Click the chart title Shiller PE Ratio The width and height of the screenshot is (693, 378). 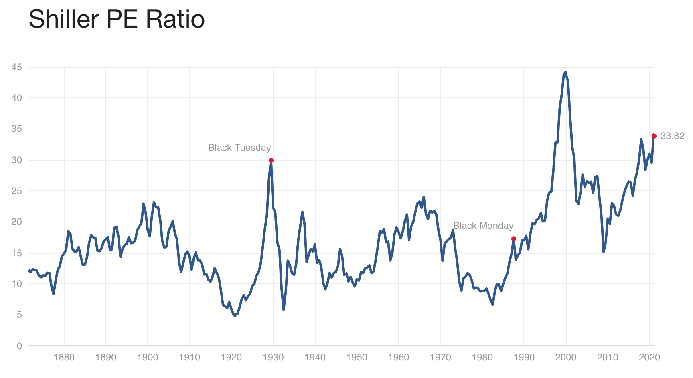[117, 19]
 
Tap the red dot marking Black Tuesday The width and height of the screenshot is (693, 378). [271, 160]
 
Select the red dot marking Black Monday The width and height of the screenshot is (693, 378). [513, 239]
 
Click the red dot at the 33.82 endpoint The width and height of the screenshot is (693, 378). [654, 136]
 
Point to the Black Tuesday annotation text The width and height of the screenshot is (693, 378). [239, 148]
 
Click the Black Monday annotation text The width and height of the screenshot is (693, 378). [483, 226]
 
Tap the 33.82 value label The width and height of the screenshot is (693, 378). [672, 136]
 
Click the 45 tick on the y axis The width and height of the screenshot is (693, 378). [16, 67]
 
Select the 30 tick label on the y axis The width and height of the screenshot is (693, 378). [16, 160]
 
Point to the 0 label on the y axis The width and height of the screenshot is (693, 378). [19, 346]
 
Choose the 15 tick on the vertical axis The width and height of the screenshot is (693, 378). [16, 253]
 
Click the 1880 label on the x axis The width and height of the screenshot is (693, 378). [64, 357]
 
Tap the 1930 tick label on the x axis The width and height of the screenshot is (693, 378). [273, 357]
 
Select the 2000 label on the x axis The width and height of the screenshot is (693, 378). [566, 357]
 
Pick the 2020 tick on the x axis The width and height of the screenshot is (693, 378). [649, 357]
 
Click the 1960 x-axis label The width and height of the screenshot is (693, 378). [399, 357]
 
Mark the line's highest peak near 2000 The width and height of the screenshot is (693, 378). [565, 72]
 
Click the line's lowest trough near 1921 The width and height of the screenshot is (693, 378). [235, 316]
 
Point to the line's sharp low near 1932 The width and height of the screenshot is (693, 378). [284, 309]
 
